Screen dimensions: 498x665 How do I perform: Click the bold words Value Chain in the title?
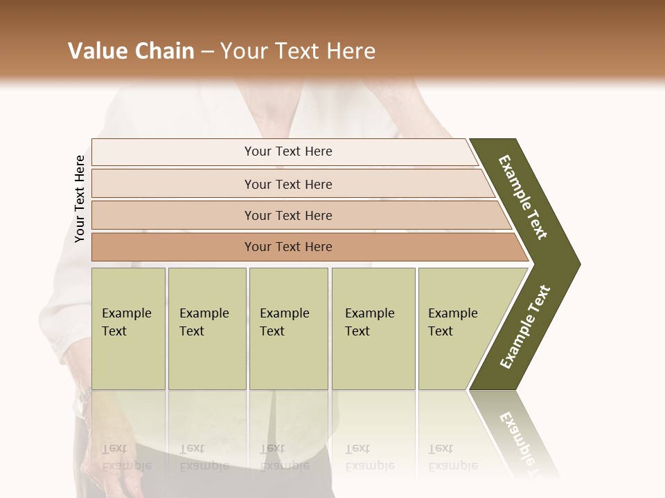coord(131,51)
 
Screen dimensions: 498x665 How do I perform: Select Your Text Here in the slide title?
coord(298,51)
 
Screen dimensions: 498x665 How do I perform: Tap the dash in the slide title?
coord(207,51)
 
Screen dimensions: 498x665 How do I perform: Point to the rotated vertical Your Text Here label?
coord(80,199)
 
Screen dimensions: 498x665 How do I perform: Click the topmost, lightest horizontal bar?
coord(287,151)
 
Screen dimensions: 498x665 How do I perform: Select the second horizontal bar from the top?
coord(287,184)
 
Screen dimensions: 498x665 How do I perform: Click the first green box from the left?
coord(128,329)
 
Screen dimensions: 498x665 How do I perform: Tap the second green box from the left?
coord(207,329)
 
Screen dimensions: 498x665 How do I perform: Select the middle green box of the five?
coord(288,329)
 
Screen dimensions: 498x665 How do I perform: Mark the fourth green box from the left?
coord(373,329)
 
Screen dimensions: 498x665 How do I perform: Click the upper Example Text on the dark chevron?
coord(523,197)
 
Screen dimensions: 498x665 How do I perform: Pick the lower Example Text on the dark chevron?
coord(525,326)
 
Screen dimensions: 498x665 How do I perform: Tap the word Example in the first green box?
coord(126,313)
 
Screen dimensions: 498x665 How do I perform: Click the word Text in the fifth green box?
coord(440,331)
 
